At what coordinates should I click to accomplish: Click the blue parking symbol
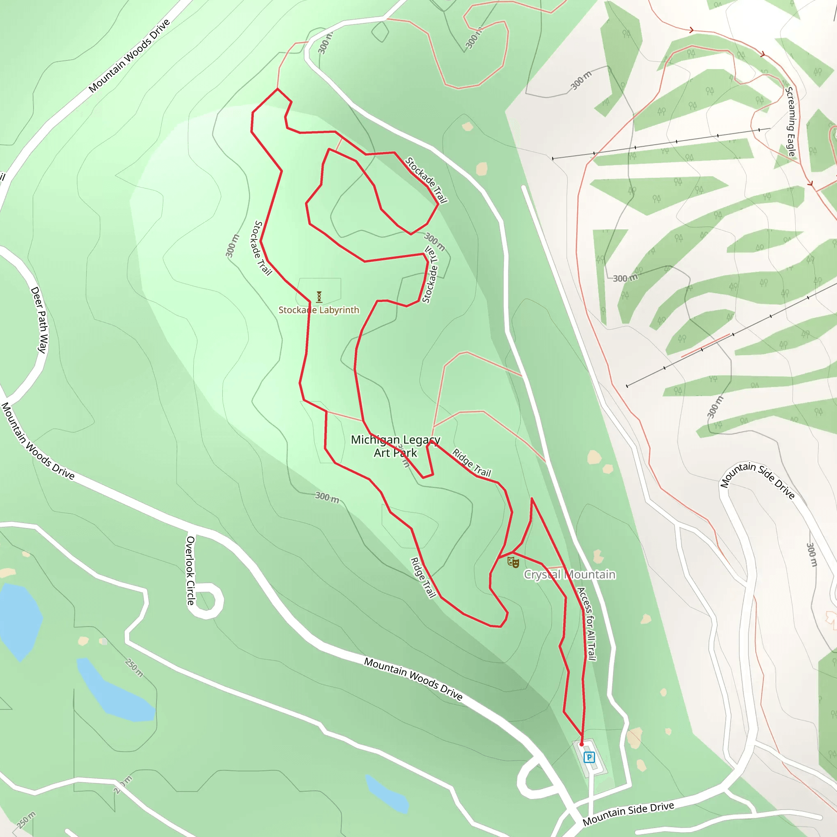point(589,757)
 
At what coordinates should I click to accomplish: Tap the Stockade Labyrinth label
point(319,310)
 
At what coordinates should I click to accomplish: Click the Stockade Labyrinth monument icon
point(319,297)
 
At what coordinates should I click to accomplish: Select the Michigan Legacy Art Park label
point(395,446)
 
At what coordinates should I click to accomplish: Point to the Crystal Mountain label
point(569,575)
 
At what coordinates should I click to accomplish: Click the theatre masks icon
point(513,562)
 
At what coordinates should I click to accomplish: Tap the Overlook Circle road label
point(190,570)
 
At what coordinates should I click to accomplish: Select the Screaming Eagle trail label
point(791,122)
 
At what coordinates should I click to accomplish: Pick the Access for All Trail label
point(587,624)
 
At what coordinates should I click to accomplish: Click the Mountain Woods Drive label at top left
point(129,56)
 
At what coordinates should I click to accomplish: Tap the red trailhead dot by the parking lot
point(582,744)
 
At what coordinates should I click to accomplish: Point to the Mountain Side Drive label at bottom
point(628,814)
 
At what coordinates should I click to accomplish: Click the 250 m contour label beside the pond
point(134,668)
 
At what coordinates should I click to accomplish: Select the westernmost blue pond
point(20,620)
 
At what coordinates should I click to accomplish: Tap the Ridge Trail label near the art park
point(471,463)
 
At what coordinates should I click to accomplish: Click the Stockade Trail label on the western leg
point(262,248)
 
